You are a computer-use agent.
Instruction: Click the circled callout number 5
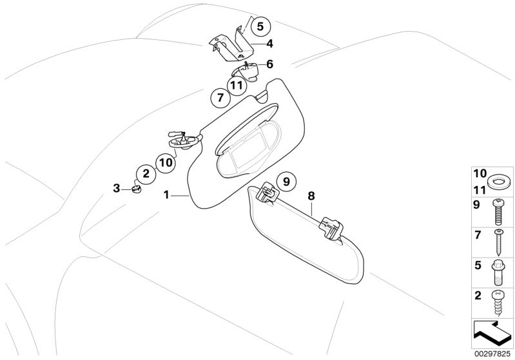(x=260, y=26)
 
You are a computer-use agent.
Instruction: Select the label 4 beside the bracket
(x=269, y=44)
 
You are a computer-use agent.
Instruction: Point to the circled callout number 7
(x=220, y=97)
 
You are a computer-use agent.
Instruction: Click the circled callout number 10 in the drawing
(x=166, y=162)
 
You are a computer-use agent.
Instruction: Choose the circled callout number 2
(x=146, y=174)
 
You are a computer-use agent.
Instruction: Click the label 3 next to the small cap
(x=117, y=189)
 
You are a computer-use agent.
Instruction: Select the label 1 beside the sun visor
(x=166, y=195)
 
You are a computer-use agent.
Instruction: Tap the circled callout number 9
(x=286, y=181)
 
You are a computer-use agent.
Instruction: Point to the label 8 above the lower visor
(x=311, y=196)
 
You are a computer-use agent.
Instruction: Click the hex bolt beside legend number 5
(x=498, y=272)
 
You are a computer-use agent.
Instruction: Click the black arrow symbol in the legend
(x=491, y=333)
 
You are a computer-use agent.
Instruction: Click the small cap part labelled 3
(x=135, y=189)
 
